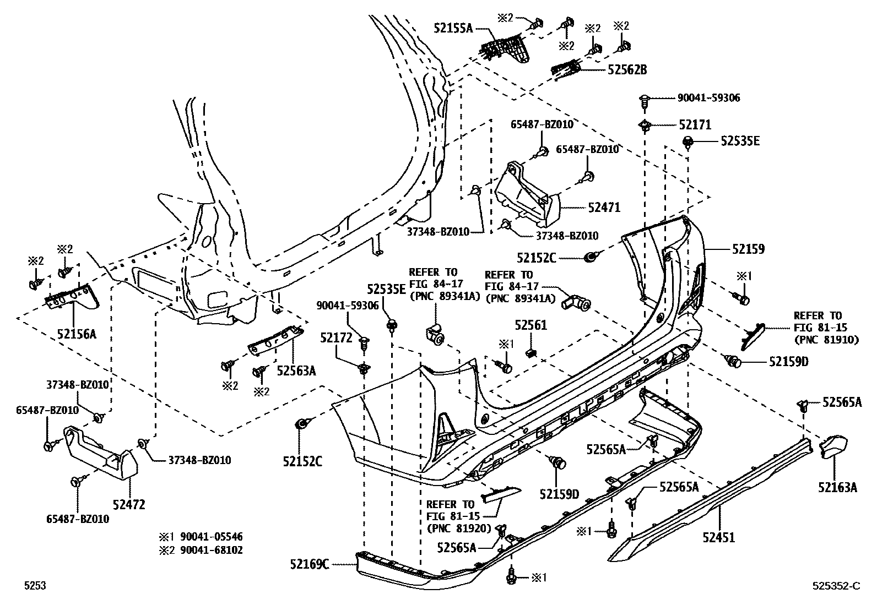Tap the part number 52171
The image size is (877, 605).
694,125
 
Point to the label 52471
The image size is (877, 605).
604,208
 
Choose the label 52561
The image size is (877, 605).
530,325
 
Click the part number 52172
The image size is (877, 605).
336,337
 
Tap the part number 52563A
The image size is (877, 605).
296,370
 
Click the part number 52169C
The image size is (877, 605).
310,564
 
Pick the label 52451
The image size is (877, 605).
718,537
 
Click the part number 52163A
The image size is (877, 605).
837,487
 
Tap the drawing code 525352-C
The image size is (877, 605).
835,586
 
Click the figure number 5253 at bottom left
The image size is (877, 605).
34,586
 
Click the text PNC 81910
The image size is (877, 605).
826,340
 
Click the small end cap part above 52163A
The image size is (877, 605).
834,445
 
